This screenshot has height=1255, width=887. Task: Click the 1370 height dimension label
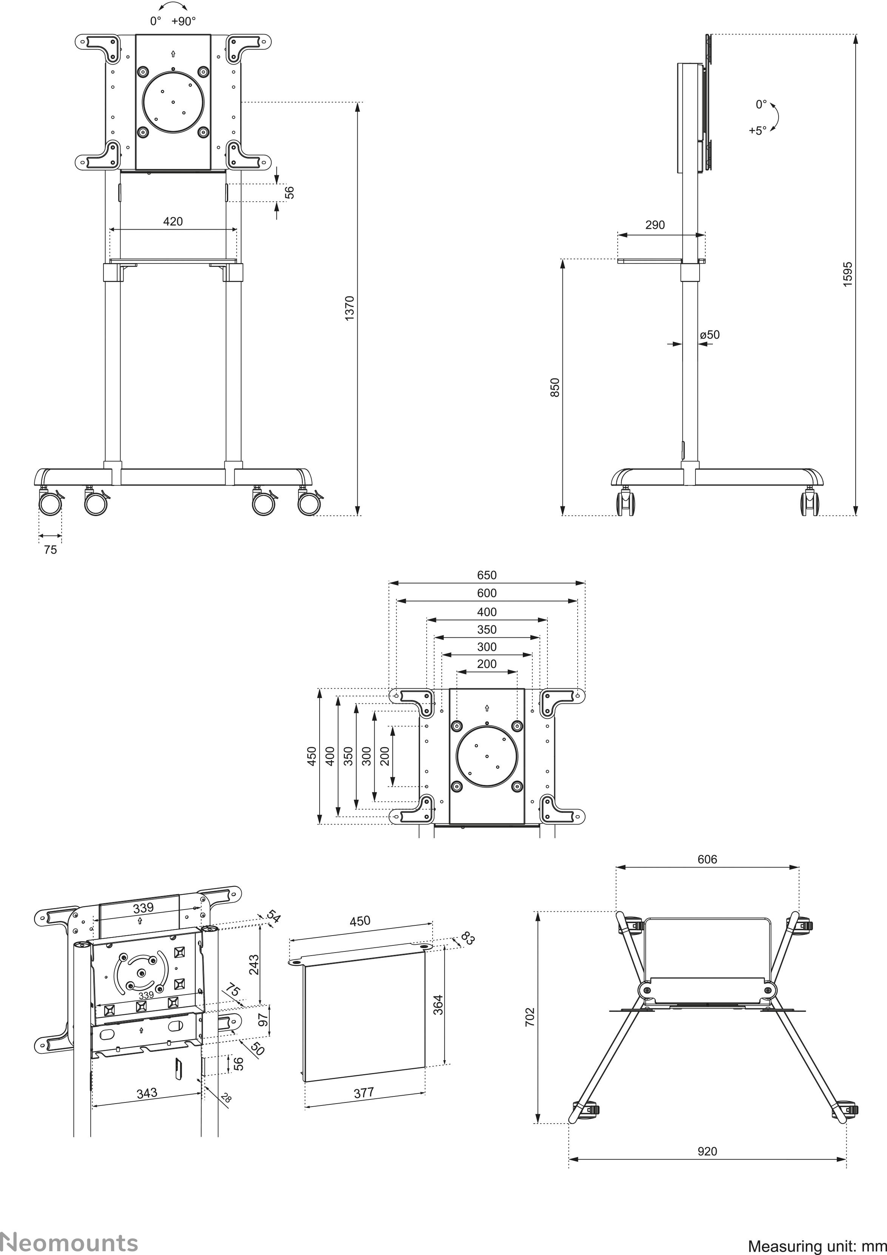[x=350, y=308]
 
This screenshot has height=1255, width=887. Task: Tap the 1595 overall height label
[x=848, y=274]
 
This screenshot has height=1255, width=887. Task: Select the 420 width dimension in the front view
[x=173, y=221]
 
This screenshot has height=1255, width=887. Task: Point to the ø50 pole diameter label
[x=710, y=335]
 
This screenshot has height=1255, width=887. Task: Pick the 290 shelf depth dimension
[x=655, y=225]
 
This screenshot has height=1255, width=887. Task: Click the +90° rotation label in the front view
[x=183, y=21]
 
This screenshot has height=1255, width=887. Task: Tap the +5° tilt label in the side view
[x=757, y=131]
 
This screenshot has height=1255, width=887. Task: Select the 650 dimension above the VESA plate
[x=487, y=575]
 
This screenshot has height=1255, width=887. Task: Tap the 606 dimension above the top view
[x=707, y=859]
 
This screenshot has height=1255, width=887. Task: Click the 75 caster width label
[x=50, y=550]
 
